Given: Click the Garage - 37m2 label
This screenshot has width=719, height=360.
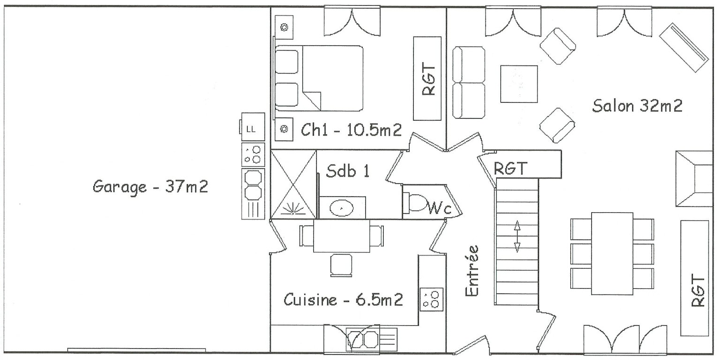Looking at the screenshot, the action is click(150, 187).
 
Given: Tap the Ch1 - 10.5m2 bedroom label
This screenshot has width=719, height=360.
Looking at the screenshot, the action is click(351, 130).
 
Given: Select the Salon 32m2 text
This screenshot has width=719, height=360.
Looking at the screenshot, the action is click(637, 105).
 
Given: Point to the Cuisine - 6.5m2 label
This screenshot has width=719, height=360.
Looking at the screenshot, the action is click(343, 300).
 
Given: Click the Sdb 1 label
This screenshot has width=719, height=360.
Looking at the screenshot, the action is click(348, 171).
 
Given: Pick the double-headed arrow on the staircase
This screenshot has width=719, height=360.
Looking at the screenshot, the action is click(517, 236).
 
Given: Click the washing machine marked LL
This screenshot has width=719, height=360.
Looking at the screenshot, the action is click(253, 127).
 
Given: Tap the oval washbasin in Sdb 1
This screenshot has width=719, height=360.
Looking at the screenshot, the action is click(341, 208).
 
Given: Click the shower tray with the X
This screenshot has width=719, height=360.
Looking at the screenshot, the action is click(294, 185).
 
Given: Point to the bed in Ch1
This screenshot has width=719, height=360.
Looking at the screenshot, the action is click(318, 78).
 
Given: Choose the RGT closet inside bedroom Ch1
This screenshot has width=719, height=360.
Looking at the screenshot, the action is click(427, 79).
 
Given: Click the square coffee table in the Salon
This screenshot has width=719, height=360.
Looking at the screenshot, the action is click(519, 84).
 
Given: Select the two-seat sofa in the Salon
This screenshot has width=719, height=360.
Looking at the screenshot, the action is click(469, 82).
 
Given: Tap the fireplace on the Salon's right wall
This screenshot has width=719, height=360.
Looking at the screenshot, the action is click(694, 179).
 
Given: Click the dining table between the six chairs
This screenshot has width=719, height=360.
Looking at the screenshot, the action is click(612, 254).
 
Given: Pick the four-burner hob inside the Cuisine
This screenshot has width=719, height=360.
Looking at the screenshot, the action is click(431, 300).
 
